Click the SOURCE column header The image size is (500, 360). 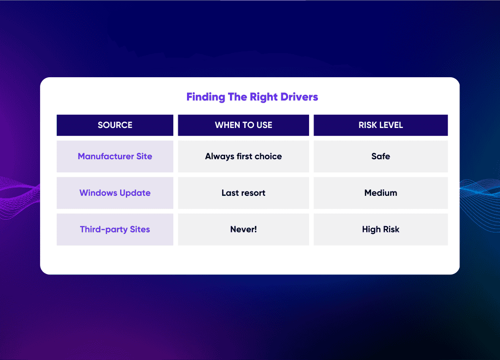coord(115,125)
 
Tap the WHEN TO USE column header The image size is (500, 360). coord(243,125)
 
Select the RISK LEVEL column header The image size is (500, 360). coord(381,125)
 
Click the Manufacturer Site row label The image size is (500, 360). coord(115,156)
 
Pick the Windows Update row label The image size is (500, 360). coord(115,193)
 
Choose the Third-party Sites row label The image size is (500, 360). coord(115,229)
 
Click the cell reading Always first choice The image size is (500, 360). coord(243,156)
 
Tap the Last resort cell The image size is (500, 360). coord(243,193)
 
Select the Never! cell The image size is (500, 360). coord(243,229)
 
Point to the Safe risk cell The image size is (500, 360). coord(381,156)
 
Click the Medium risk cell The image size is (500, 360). coord(381,193)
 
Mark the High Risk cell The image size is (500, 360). coord(381,229)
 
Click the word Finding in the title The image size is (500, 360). coord(206,97)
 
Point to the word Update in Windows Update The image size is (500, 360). coord(135,193)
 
